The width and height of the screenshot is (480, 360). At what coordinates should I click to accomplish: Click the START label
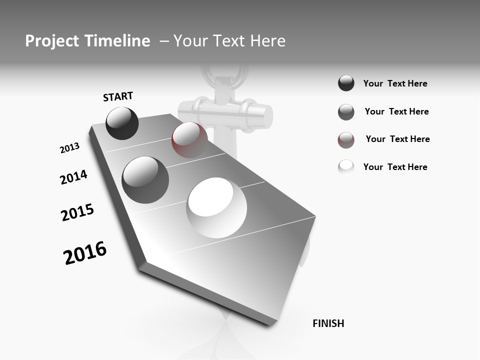(x=118, y=96)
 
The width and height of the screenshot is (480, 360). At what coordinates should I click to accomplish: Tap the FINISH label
(x=328, y=323)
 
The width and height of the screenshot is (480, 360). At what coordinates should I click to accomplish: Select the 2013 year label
(x=69, y=148)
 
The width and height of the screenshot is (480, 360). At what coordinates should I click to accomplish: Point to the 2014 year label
(x=74, y=177)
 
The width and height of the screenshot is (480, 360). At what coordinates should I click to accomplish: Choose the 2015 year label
(x=77, y=212)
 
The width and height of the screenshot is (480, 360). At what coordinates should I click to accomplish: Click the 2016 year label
(x=85, y=252)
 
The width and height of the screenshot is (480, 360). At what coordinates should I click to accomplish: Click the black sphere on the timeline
(x=122, y=123)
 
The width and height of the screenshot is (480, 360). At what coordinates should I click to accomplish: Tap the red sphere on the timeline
(x=189, y=140)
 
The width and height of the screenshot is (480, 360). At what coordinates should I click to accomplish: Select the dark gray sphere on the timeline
(x=145, y=179)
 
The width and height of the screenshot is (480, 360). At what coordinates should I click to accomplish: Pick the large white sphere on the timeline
(x=217, y=207)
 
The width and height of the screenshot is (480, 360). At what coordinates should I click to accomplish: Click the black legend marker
(x=346, y=83)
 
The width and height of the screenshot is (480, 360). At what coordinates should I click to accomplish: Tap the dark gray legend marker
(x=346, y=112)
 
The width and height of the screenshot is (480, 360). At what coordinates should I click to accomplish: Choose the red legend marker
(x=346, y=140)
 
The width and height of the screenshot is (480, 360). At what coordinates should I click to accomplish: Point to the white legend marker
(x=346, y=167)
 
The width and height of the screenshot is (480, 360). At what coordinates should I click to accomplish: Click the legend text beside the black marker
(x=395, y=84)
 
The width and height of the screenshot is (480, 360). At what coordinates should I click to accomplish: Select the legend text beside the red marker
(x=397, y=139)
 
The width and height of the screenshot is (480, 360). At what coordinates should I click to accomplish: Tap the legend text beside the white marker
(x=395, y=167)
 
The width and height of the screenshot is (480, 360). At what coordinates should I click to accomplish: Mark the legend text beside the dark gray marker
(x=396, y=111)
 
